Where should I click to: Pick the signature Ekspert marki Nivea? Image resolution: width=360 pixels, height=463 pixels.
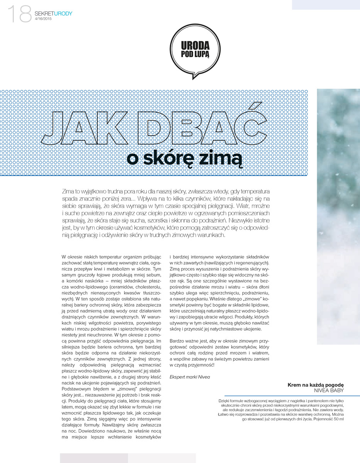[190, 377]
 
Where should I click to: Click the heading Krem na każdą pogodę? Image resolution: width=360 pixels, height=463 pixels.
[316, 385]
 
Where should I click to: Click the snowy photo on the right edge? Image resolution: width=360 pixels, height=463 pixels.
[338, 216]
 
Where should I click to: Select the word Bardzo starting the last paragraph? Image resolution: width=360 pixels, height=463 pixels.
[178, 341]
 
